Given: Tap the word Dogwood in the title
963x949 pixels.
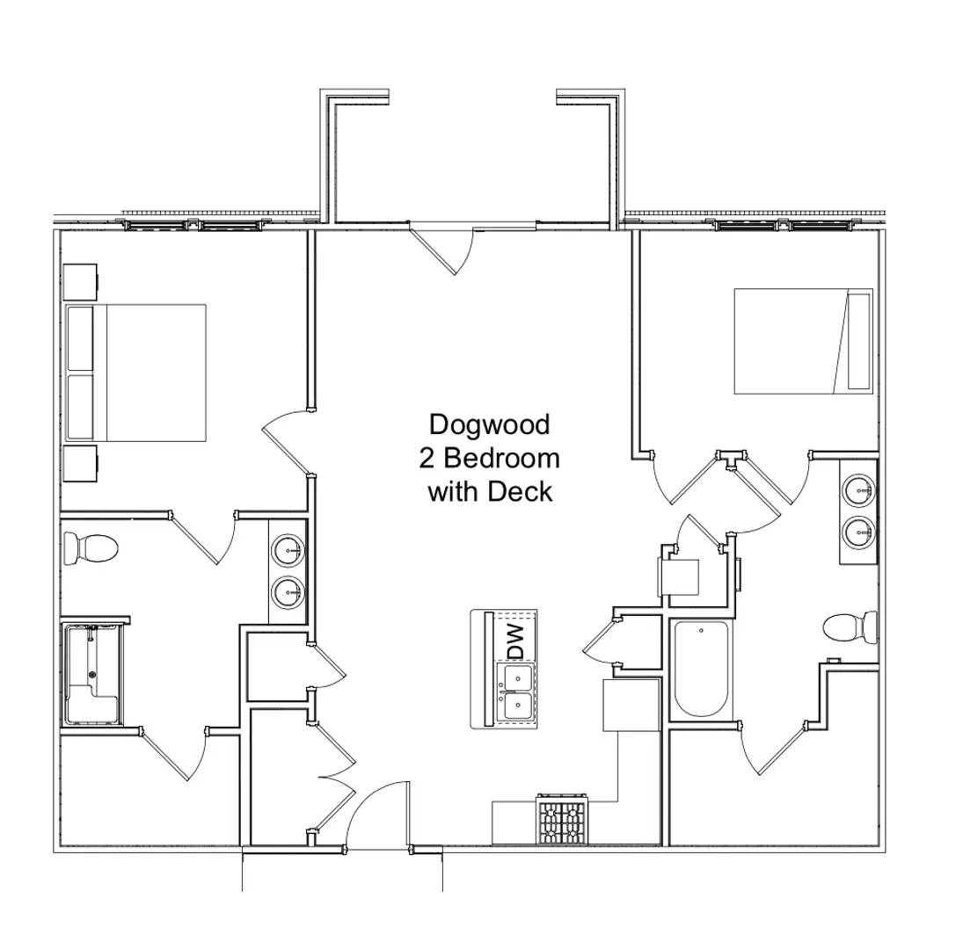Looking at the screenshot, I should pyautogui.click(x=489, y=424).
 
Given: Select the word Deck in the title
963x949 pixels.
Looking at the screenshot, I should pyautogui.click(x=522, y=491).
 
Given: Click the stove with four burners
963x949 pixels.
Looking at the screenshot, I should pyautogui.click(x=561, y=822).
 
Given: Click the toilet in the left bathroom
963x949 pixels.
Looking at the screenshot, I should pyautogui.click(x=91, y=548).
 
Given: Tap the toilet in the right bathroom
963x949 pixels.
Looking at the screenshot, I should pyautogui.click(x=850, y=627).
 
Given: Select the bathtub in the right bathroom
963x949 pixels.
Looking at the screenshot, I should pyautogui.click(x=700, y=669).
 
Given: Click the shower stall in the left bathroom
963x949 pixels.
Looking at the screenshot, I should pyautogui.click(x=93, y=674).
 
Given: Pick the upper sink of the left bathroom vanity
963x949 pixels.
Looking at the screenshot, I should pyautogui.click(x=288, y=551).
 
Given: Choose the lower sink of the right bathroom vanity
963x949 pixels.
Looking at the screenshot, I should pyautogui.click(x=857, y=530).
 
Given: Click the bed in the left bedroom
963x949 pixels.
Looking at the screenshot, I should pyautogui.click(x=137, y=373).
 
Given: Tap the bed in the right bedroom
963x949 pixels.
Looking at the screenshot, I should pyautogui.click(x=802, y=341).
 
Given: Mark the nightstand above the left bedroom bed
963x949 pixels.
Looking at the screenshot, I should pyautogui.click(x=80, y=282).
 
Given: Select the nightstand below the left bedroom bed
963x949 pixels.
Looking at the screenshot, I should pyautogui.click(x=80, y=464).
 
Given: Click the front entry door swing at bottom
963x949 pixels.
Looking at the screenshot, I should pyautogui.click(x=378, y=813).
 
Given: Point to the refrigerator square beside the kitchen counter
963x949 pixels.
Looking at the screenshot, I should pyautogui.click(x=631, y=704).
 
